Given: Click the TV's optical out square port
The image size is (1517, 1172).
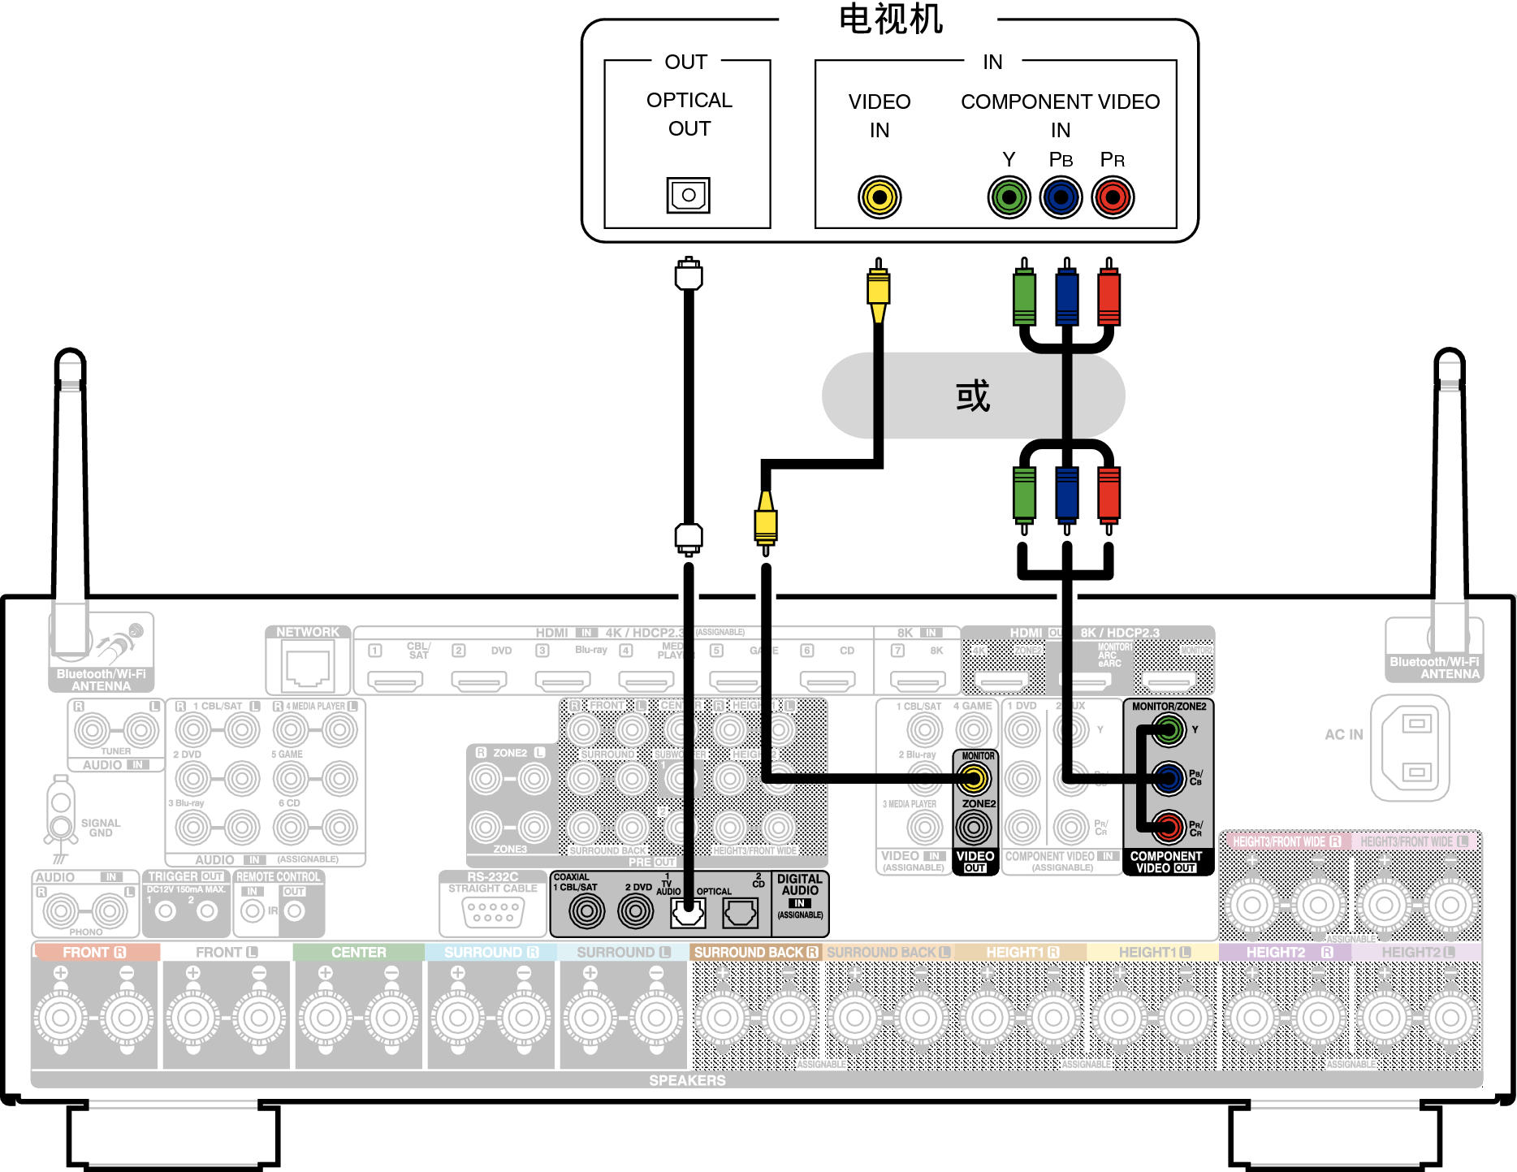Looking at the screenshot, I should click(688, 195).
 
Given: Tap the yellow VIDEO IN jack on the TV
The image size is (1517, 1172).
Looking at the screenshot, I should click(879, 197).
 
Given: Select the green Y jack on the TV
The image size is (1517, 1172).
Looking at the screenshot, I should click(1009, 197).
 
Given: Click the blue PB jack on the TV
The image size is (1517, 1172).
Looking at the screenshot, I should click(1061, 197).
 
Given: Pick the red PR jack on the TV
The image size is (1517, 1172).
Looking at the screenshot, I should click(1112, 197).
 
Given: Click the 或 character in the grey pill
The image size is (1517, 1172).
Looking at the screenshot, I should click(972, 396).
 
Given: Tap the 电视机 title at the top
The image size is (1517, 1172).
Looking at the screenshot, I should click(890, 19).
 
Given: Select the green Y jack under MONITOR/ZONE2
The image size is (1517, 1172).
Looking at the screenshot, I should click(1168, 729).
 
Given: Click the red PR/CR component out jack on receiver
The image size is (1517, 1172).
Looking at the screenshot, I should click(1168, 828).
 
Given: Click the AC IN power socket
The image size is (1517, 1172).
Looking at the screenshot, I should click(1416, 747).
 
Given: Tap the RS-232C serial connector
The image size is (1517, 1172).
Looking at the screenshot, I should click(493, 912).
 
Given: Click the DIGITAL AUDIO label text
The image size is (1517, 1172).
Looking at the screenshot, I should click(799, 884).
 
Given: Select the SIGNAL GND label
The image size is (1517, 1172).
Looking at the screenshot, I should click(101, 828).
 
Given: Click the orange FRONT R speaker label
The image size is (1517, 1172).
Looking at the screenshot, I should click(94, 952).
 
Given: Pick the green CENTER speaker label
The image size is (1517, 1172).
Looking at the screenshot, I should click(358, 952).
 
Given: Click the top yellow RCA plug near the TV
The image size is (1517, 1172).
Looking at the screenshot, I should click(878, 291).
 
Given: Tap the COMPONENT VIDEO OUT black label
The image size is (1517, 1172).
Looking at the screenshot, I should click(1166, 862).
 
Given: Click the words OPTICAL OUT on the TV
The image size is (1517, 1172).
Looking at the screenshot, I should click(689, 114).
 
